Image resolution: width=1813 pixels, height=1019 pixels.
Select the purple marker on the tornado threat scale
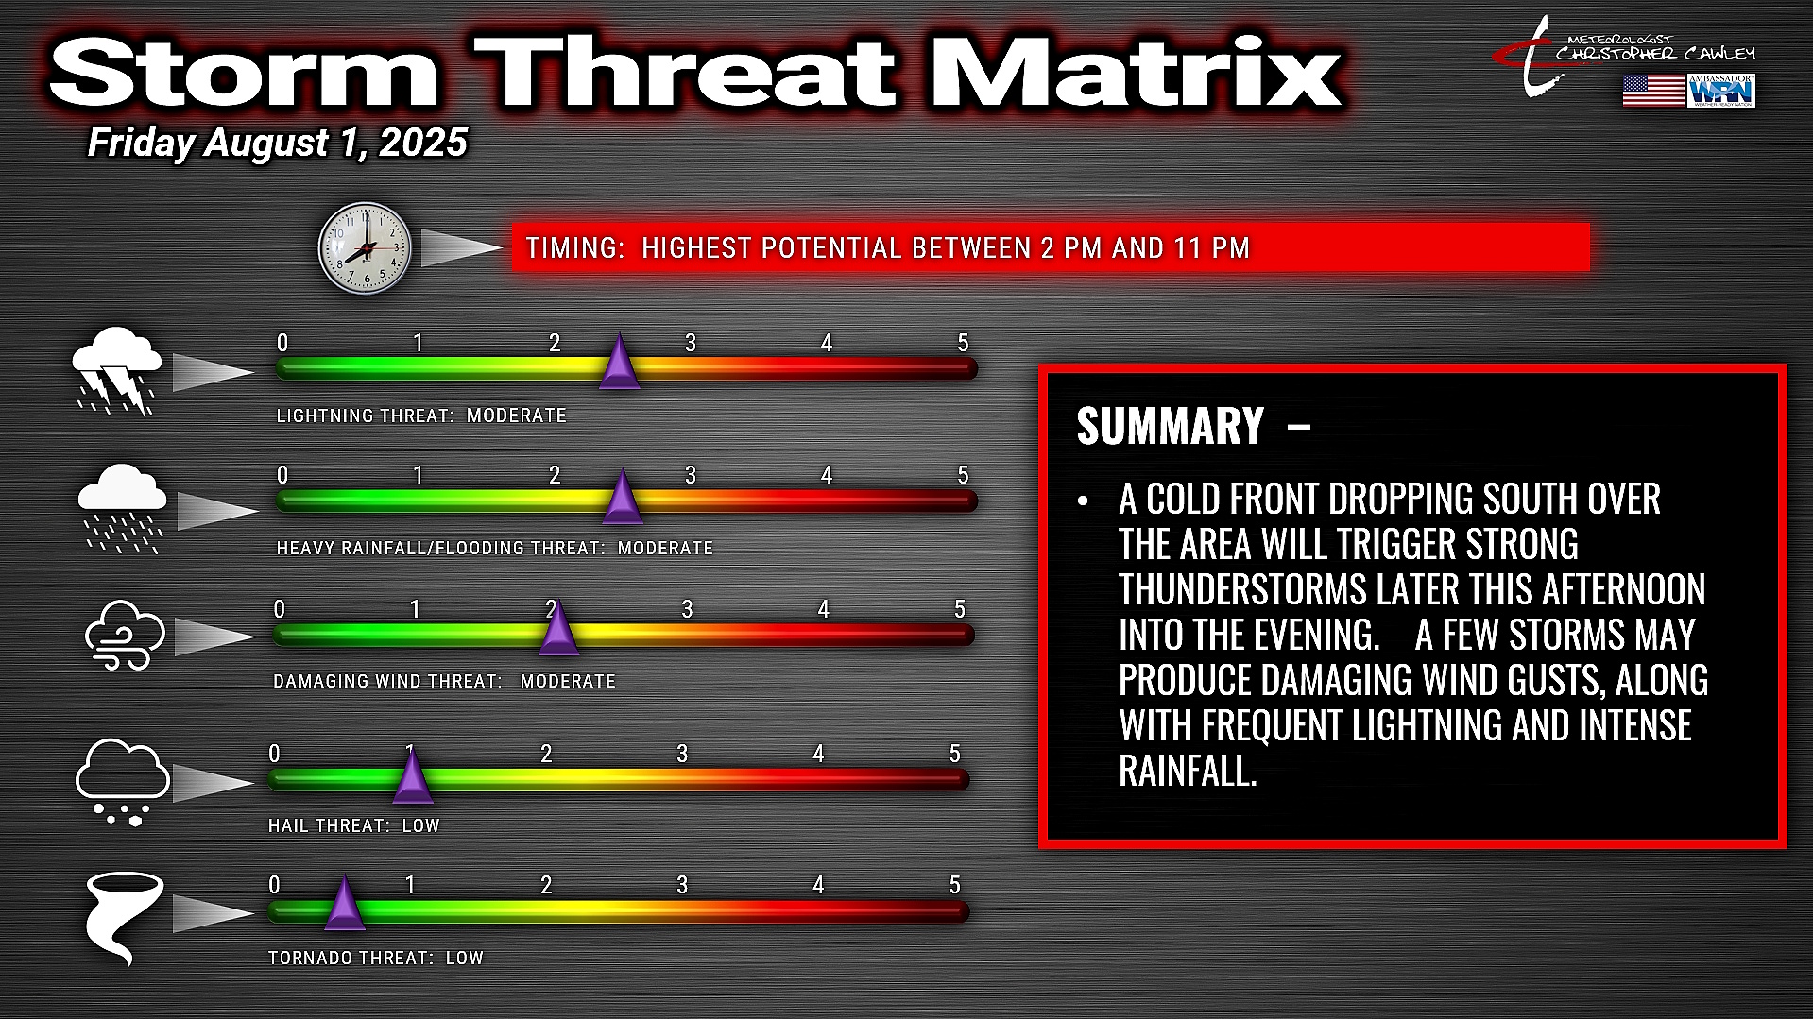345,904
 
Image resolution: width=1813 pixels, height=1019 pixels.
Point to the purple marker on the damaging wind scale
558,629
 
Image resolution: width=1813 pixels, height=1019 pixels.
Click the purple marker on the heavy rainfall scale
623,497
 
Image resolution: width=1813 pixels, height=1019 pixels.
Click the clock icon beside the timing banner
365,248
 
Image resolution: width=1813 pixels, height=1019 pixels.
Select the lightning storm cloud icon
117,371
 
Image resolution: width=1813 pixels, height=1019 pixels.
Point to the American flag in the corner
1653,91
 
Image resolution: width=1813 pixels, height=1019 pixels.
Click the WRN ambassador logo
1721,91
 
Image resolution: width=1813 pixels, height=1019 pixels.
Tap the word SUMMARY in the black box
1170,426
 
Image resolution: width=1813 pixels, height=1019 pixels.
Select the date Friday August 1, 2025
278,143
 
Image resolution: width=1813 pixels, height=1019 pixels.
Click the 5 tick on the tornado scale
954,885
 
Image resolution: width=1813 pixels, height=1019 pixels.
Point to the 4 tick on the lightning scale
827,343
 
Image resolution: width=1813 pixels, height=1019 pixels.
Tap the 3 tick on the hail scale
682,754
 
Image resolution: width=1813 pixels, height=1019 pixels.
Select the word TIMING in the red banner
572,248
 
